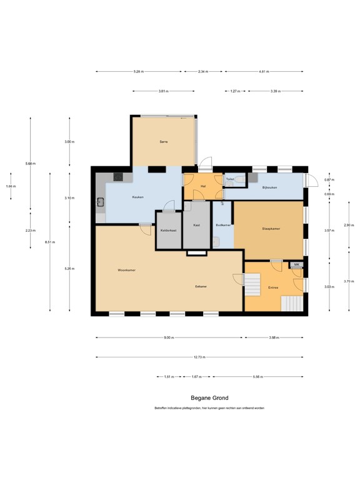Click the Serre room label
(164, 142)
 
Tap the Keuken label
(138, 197)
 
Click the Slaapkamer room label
(271, 229)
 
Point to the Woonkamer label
(127, 270)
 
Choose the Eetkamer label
(201, 286)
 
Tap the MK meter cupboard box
(296, 265)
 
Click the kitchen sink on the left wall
(100, 202)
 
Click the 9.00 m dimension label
(169, 337)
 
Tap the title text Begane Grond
(209, 397)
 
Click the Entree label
(273, 287)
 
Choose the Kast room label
(196, 225)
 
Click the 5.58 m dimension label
(258, 377)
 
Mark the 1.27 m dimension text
(235, 92)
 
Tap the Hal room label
(203, 185)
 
